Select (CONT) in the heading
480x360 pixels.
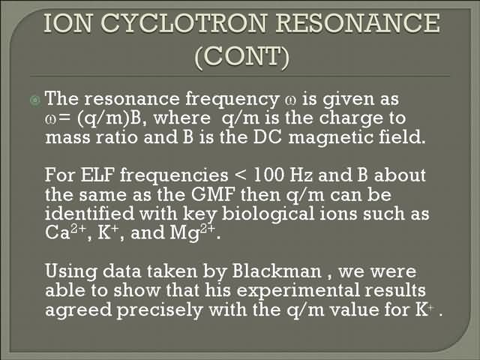coord(241,57)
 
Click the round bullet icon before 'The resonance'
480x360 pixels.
coord(35,100)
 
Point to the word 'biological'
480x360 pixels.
coord(268,214)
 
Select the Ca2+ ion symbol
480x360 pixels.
coord(64,232)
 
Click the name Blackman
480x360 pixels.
coord(277,271)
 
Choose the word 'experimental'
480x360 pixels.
coord(298,291)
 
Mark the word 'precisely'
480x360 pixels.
coord(160,310)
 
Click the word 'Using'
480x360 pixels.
coord(71,272)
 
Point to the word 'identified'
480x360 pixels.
coord(89,213)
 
